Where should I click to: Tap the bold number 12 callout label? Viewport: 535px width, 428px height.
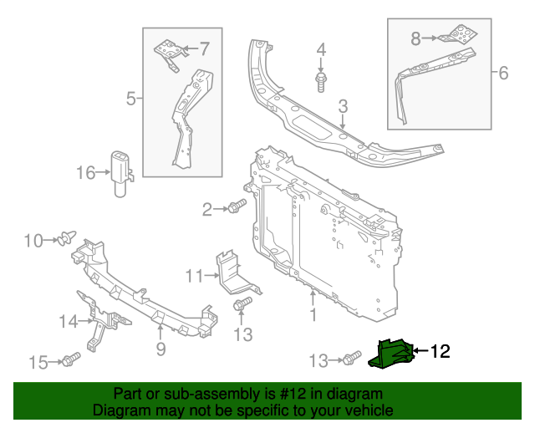(x=440, y=352)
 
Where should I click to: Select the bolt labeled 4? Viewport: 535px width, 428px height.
(x=321, y=80)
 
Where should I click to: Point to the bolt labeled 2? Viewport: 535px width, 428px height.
(x=237, y=207)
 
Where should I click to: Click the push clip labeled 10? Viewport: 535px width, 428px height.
(x=63, y=241)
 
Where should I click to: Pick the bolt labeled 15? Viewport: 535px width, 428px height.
(x=69, y=361)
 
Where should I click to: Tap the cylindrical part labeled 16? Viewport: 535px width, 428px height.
(x=121, y=172)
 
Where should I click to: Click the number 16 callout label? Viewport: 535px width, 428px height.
(x=87, y=173)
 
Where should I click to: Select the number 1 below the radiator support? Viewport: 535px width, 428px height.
(x=313, y=315)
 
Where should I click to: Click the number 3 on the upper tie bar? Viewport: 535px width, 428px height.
(x=343, y=106)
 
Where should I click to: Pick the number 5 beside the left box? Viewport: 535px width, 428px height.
(x=130, y=99)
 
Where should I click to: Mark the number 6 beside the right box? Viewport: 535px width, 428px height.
(x=502, y=74)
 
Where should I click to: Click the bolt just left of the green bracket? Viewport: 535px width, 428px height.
(x=349, y=359)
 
